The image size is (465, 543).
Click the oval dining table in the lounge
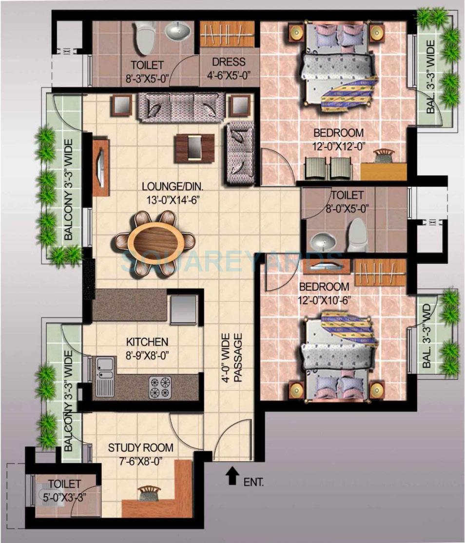[x=155, y=241]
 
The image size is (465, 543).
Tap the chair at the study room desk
[x=149, y=493]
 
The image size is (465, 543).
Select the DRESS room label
[x=229, y=63]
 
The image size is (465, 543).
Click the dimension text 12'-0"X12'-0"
[x=338, y=145]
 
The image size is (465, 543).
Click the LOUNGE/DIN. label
[x=172, y=186]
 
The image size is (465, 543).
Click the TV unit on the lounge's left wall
[x=101, y=168]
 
